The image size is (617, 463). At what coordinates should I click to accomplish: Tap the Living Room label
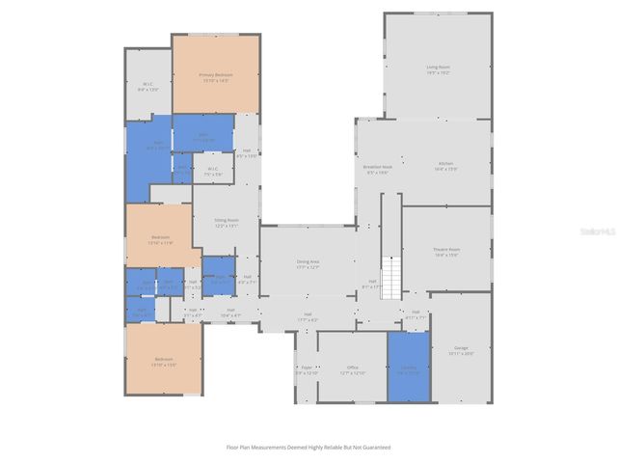pyautogui.click(x=439, y=68)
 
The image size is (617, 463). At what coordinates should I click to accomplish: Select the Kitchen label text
pyautogui.click(x=446, y=164)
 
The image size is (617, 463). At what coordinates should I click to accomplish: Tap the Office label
pyautogui.click(x=353, y=368)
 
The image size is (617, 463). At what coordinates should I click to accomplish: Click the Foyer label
pyautogui.click(x=306, y=368)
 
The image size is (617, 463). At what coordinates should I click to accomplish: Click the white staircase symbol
pyautogui.click(x=391, y=276)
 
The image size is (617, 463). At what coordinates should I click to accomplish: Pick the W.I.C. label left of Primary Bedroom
pyautogui.click(x=148, y=85)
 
